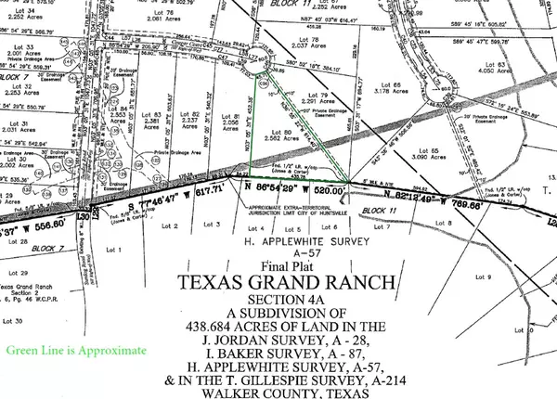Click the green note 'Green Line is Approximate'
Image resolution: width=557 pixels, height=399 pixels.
[x=75, y=351]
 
